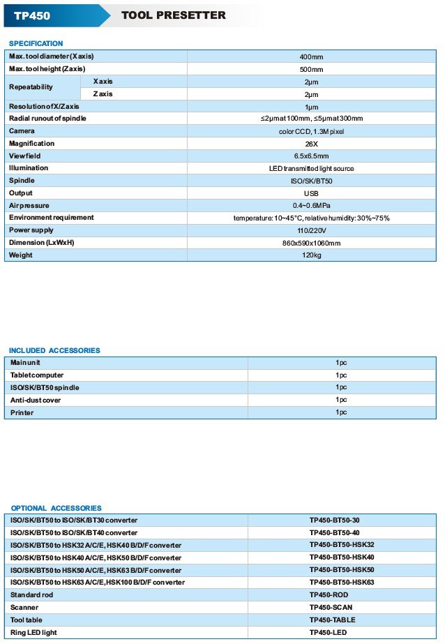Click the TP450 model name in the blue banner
click(32, 15)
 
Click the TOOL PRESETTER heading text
click(173, 15)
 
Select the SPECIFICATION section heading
click(36, 43)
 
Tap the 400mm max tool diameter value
click(311, 57)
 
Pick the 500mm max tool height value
click(311, 69)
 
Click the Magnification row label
click(31, 144)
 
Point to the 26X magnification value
click(311, 144)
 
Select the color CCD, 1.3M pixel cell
click(311, 131)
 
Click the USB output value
click(311, 193)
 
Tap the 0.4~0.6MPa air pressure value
click(311, 206)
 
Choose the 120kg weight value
click(311, 255)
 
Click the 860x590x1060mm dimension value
click(311, 243)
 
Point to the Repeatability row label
click(31, 88)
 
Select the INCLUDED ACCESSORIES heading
click(54, 350)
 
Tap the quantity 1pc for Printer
click(341, 412)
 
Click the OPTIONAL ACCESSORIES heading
click(56, 508)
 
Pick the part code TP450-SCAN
click(331, 607)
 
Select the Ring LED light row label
click(34, 632)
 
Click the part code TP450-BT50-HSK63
click(342, 582)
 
